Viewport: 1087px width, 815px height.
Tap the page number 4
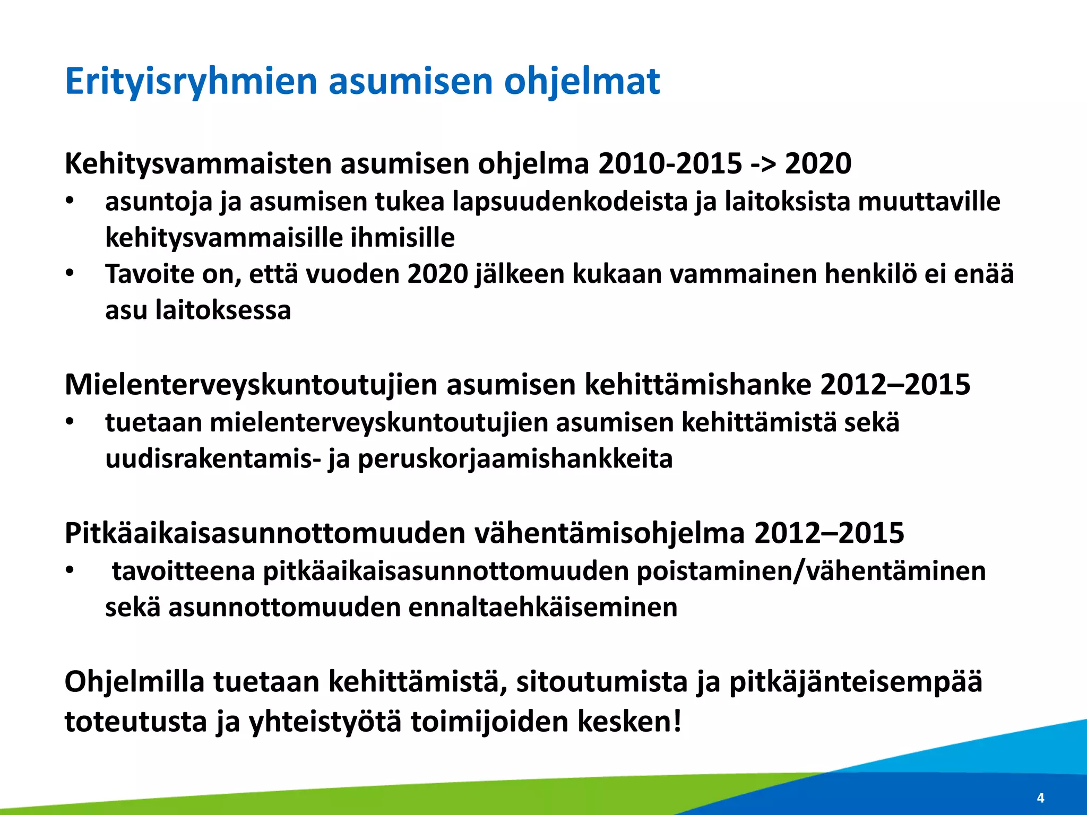[x=1040, y=797]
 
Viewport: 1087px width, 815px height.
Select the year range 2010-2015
[x=670, y=163]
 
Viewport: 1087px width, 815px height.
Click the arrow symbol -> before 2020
[x=763, y=163]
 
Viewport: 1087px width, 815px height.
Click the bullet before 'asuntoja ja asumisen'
[x=70, y=202]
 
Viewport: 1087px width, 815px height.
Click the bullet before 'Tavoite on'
[x=70, y=274]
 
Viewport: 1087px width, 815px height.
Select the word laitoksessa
[x=223, y=310]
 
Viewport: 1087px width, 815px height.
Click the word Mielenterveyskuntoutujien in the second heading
[x=251, y=385]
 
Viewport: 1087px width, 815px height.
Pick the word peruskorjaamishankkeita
[x=515, y=459]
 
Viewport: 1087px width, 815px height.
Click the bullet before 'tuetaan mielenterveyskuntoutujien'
[x=70, y=423]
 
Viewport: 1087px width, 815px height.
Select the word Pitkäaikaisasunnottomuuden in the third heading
[x=265, y=533]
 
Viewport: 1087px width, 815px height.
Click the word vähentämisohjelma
[x=609, y=533]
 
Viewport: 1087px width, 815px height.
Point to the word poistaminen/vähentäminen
[x=810, y=571]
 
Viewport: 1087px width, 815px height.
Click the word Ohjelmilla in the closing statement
[x=134, y=682]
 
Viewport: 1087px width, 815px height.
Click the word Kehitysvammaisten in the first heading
[x=198, y=163]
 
